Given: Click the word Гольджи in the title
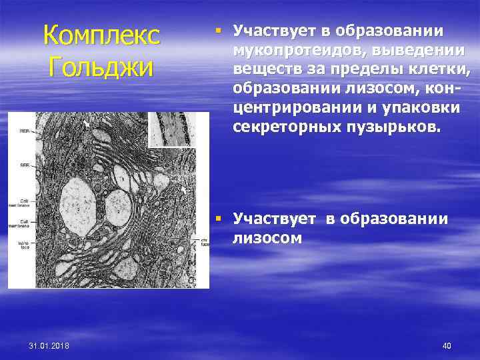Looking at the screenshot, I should tap(102, 67).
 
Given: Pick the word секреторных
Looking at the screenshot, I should tap(287, 127).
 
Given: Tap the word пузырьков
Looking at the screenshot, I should tap(393, 127).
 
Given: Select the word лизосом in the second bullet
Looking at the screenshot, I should tap(267, 238).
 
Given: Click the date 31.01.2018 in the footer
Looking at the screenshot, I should tap(53, 345).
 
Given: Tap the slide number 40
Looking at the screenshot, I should tap(447, 345).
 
